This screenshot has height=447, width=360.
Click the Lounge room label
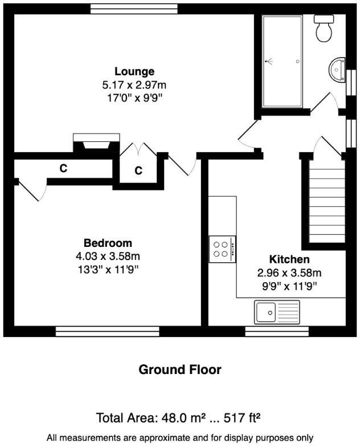[x=134, y=72]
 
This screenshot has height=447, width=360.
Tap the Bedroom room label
[x=108, y=243]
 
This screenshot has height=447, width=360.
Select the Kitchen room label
[x=289, y=259]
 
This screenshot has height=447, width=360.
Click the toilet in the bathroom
[x=325, y=29]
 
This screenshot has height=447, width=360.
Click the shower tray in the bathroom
[x=282, y=60]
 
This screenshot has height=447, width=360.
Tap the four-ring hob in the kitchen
[x=222, y=249]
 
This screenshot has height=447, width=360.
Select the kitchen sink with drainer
[x=277, y=312]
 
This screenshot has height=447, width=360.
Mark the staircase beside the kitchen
[x=326, y=202]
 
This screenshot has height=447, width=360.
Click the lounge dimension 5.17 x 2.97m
[x=134, y=85]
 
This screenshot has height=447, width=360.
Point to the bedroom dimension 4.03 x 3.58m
[x=108, y=256]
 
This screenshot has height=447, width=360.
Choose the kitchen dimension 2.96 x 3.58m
[x=289, y=273]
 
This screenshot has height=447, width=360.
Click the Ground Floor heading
[x=180, y=369]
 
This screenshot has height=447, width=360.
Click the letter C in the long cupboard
[x=64, y=169]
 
